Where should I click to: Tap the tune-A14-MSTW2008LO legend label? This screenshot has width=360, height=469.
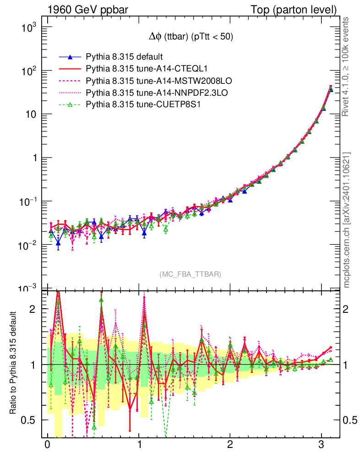click(158, 81)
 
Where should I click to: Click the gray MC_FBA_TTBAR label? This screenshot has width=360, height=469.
click(190, 274)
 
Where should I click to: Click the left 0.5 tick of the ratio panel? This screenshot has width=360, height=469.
click(31, 420)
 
